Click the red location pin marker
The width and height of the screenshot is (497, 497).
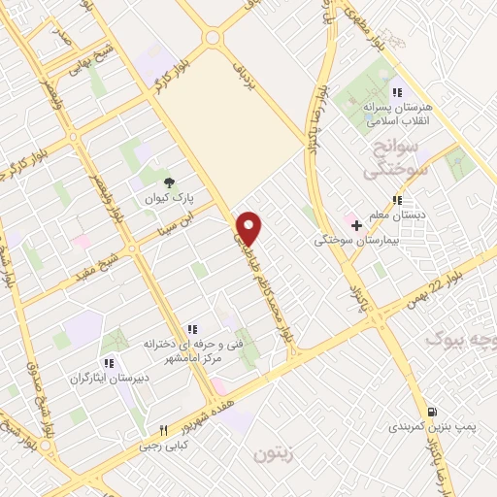click(x=249, y=227)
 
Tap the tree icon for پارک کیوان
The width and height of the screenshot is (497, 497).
click(x=169, y=181)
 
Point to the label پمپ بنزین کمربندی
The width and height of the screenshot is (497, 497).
click(x=419, y=426)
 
